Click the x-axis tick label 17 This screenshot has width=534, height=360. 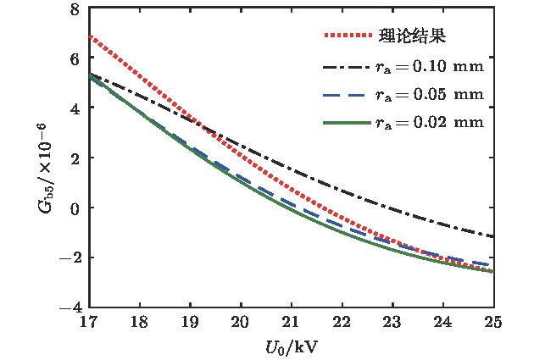pos(88,322)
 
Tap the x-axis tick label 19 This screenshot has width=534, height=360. pos(190,322)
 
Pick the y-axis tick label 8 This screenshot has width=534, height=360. pos(75,9)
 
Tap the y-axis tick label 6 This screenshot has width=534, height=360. pos(75,59)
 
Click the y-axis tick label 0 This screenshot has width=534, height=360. pos(75,208)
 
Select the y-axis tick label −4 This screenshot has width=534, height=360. pos(71,307)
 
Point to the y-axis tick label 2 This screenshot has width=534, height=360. pos(75,158)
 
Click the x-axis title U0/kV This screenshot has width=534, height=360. pos(291,346)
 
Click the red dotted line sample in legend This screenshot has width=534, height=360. pos(348,37)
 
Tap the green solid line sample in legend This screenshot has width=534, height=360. pos(348,123)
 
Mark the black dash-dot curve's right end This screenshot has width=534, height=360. pos(492,236)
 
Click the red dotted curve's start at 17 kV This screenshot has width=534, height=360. pos(89,36)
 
